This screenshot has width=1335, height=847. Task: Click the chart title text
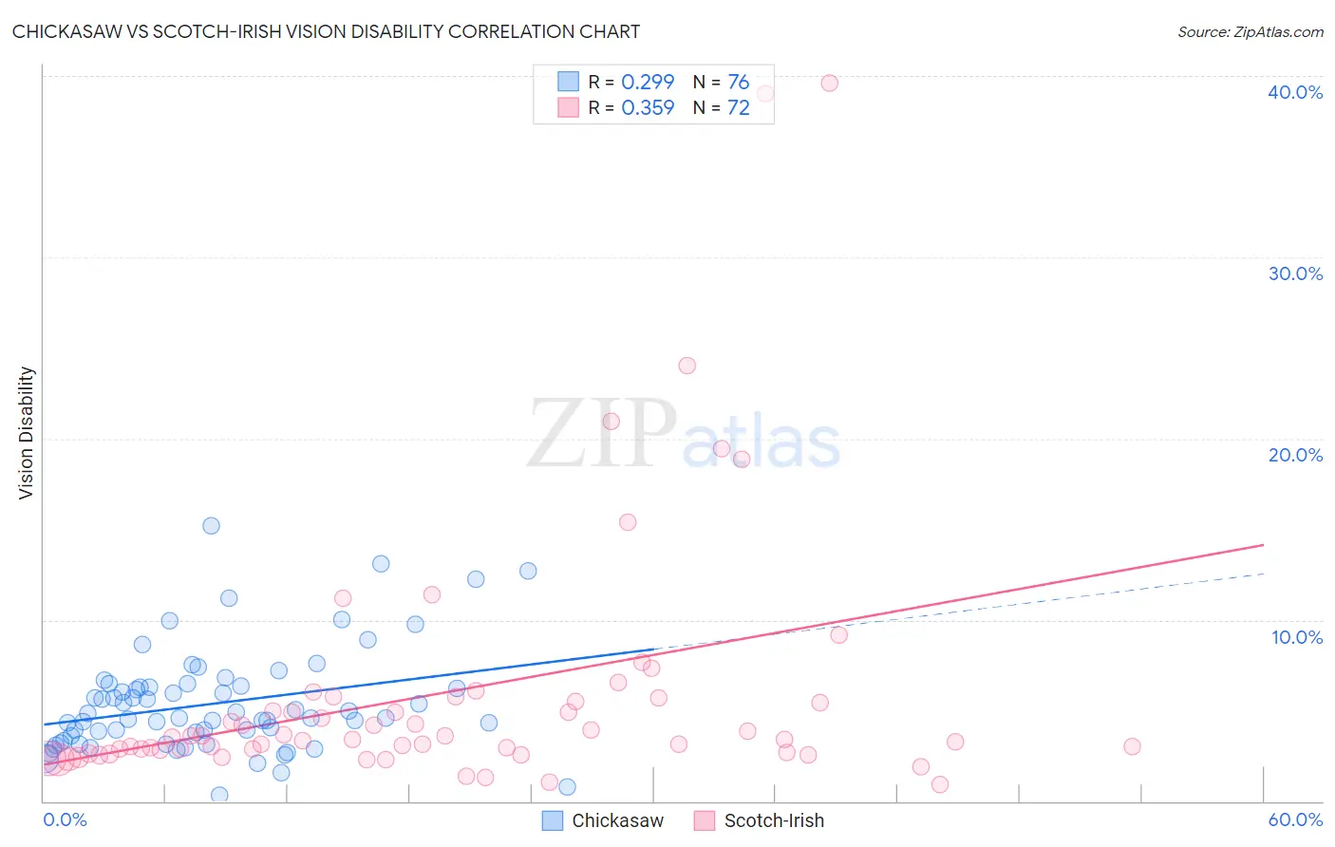click(x=326, y=31)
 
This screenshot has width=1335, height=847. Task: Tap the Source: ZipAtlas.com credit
click(x=1250, y=31)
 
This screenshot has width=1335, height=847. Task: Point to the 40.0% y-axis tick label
click(x=1295, y=92)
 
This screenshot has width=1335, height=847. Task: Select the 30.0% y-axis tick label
click(x=1295, y=273)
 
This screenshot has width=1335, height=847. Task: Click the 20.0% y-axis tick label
click(x=1295, y=455)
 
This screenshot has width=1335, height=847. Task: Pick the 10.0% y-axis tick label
click(x=1297, y=637)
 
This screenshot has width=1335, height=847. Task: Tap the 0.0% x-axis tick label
click(x=65, y=819)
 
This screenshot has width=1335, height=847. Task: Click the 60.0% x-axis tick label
click(x=1295, y=819)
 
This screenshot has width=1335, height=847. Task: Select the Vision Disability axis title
click(x=27, y=433)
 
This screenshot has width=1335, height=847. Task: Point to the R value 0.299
click(x=648, y=82)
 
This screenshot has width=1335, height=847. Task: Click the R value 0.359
click(x=648, y=107)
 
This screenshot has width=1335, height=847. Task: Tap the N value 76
click(x=738, y=82)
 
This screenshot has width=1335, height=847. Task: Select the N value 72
click(x=738, y=107)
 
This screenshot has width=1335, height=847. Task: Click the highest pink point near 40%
click(x=829, y=83)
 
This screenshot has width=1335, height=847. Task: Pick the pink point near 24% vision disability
click(x=686, y=366)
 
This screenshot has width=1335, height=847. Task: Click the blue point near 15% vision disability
click(x=211, y=526)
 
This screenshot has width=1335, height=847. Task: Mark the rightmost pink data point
click(x=1132, y=746)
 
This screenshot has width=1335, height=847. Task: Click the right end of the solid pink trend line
click(x=1263, y=545)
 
